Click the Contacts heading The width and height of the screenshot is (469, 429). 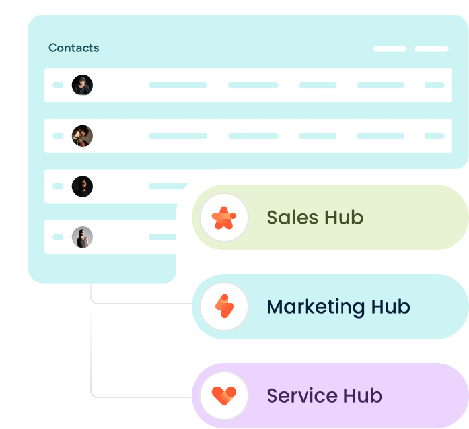[x=73, y=48]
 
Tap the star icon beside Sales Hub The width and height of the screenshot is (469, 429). [x=224, y=217]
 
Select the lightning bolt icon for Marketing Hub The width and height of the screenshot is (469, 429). [x=224, y=306]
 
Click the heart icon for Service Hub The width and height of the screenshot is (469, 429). [x=224, y=395]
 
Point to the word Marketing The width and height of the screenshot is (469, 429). [x=315, y=307]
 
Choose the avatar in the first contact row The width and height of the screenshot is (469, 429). [x=83, y=85]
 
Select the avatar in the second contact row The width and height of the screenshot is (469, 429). [x=83, y=136]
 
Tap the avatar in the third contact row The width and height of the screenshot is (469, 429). [x=83, y=186]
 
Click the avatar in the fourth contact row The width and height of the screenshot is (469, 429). [x=83, y=237]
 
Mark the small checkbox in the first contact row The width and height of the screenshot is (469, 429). [x=58, y=85]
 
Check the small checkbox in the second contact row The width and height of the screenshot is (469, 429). [x=58, y=136]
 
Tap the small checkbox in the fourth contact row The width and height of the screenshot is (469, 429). [x=58, y=237]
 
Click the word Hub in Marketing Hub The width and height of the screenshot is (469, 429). [x=390, y=307]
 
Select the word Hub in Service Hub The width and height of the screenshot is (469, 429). [x=363, y=396]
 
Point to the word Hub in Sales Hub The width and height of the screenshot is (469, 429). [x=344, y=217]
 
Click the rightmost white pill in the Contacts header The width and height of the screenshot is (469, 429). [x=431, y=49]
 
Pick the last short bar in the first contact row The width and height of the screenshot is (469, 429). [x=435, y=85]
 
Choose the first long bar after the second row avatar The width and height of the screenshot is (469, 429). [x=178, y=136]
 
